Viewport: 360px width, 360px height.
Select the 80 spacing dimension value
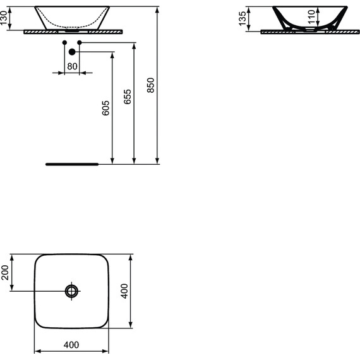[72, 66]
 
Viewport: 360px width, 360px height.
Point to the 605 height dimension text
[106, 107]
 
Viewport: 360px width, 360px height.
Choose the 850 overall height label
[150, 85]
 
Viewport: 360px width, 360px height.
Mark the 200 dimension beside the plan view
[6, 272]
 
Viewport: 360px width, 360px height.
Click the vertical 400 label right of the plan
[143, 291]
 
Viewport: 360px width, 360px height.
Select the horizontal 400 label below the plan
[72, 345]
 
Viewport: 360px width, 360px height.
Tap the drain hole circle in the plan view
[72, 291]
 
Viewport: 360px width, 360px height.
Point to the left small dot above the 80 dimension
[64, 42]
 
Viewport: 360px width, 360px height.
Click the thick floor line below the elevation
[72, 164]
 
